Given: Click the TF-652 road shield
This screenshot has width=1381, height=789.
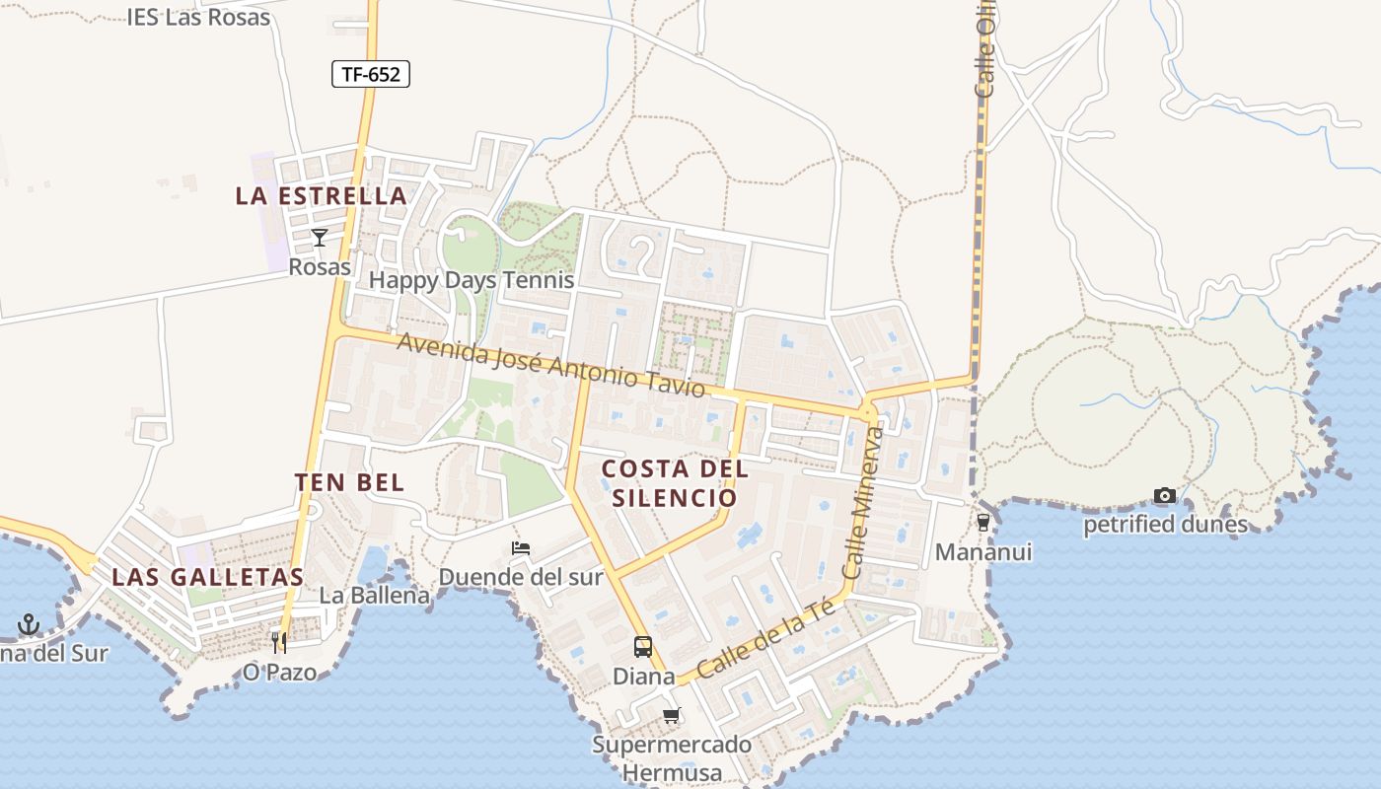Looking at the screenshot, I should pyautogui.click(x=370, y=73).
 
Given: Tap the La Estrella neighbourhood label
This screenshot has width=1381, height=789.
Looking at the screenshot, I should pyautogui.click(x=321, y=195).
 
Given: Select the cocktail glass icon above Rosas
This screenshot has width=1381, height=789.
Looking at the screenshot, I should pyautogui.click(x=319, y=238).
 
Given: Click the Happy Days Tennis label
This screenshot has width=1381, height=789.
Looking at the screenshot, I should pyautogui.click(x=472, y=280).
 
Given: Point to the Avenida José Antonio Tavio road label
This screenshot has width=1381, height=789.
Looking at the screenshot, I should pyautogui.click(x=551, y=364).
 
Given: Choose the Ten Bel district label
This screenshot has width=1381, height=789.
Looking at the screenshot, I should pyautogui.click(x=349, y=482).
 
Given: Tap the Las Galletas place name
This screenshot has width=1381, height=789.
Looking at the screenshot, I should pyautogui.click(x=207, y=577).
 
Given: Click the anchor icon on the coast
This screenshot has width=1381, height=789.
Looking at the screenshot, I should pyautogui.click(x=29, y=624).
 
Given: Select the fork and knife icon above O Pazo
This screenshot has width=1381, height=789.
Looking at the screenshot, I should pyautogui.click(x=279, y=643).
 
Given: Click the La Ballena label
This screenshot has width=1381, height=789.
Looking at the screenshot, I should pyautogui.click(x=375, y=596).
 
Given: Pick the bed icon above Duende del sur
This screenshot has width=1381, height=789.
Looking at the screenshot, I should pyautogui.click(x=521, y=548).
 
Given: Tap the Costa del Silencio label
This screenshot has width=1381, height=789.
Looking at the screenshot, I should pyautogui.click(x=675, y=482).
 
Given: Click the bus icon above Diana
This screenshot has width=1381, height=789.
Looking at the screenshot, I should pyautogui.click(x=643, y=647).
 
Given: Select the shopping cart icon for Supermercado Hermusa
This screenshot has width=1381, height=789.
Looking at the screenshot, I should pyautogui.click(x=672, y=715).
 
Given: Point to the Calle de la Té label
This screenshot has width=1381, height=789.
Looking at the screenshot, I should pyautogui.click(x=765, y=640).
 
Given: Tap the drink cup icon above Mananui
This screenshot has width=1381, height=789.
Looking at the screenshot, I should pyautogui.click(x=982, y=522).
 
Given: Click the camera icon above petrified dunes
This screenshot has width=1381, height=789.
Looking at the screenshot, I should pyautogui.click(x=1165, y=495).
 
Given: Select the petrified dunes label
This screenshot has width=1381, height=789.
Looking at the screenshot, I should pyautogui.click(x=1165, y=525).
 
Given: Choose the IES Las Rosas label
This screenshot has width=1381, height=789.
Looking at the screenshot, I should pyautogui.click(x=198, y=17).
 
